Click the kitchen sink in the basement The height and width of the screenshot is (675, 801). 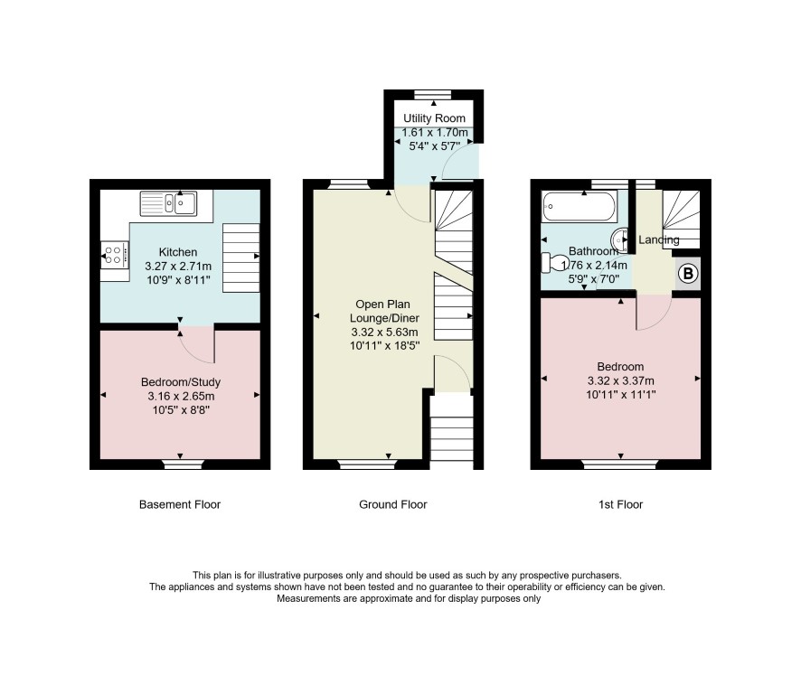(x=168, y=203)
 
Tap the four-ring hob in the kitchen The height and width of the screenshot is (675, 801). (x=115, y=255)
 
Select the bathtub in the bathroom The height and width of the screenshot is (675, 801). (x=580, y=206)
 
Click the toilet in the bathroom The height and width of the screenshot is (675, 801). (x=551, y=262)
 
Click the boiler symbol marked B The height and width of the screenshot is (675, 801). (x=688, y=274)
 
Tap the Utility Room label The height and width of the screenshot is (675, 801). (x=434, y=118)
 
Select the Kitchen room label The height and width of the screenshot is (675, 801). (x=178, y=252)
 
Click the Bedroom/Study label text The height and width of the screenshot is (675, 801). (x=181, y=382)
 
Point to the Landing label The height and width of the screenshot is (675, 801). (x=659, y=239)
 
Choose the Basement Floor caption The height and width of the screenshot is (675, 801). (x=180, y=504)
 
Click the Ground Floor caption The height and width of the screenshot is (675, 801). (x=393, y=504)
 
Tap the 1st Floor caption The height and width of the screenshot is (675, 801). (x=621, y=504)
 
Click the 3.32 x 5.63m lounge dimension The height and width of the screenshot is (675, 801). (x=384, y=332)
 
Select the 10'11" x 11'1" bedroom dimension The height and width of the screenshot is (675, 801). (x=621, y=394)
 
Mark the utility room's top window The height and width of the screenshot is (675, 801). (x=433, y=94)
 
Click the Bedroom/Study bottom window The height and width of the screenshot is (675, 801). (x=184, y=464)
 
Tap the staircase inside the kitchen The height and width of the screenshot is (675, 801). (x=241, y=258)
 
